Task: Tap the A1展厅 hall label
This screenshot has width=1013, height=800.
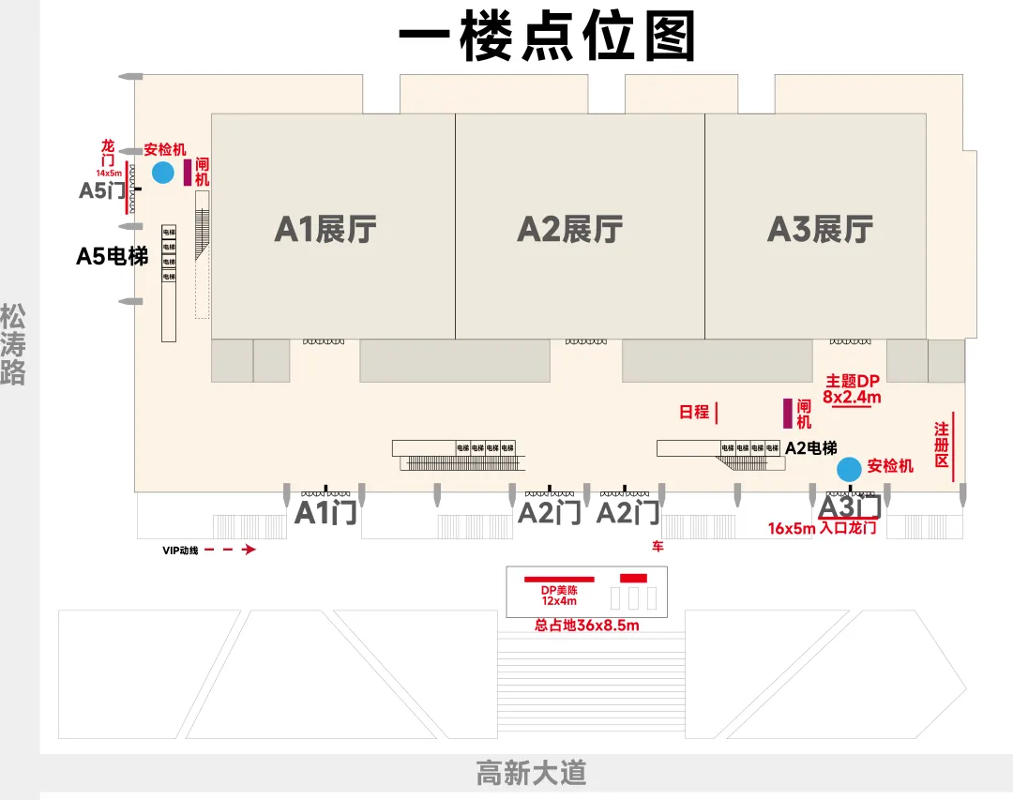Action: (x=325, y=229)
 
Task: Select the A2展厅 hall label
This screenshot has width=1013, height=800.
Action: (x=570, y=229)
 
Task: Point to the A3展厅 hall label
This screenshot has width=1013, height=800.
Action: (x=820, y=229)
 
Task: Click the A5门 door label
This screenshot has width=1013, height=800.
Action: (x=102, y=190)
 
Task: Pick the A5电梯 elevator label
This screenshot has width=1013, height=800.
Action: (x=112, y=255)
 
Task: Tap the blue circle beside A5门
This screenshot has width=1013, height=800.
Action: (x=163, y=173)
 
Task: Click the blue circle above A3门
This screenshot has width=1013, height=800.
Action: (x=849, y=468)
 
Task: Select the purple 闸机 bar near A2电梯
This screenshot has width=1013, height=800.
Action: (x=788, y=414)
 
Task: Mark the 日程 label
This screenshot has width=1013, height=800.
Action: (x=694, y=412)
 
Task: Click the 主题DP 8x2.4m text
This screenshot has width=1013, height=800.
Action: (x=852, y=389)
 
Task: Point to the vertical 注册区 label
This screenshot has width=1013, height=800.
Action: (x=942, y=445)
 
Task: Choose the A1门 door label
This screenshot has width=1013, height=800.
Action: (x=325, y=512)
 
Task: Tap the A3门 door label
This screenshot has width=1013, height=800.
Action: (x=850, y=506)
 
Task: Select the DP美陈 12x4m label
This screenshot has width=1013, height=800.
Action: (x=558, y=595)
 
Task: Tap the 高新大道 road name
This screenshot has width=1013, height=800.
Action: (x=531, y=774)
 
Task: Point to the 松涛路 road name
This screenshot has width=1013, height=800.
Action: (x=13, y=344)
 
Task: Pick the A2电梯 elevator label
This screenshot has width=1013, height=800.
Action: (x=810, y=448)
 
